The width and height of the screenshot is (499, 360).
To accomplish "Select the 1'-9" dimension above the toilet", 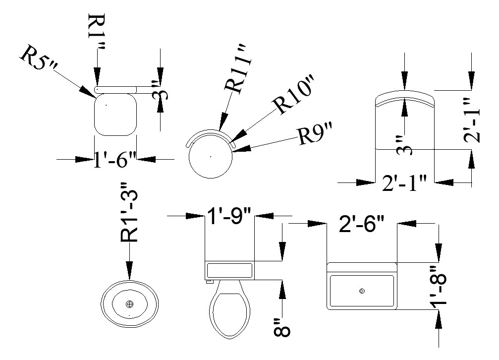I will (x=229, y=216).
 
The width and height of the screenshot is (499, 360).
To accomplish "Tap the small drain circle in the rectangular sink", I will (x=362, y=291).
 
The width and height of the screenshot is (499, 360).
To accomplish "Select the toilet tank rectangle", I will (x=229, y=270).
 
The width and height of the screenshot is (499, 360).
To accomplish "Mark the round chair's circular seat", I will (x=211, y=157).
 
